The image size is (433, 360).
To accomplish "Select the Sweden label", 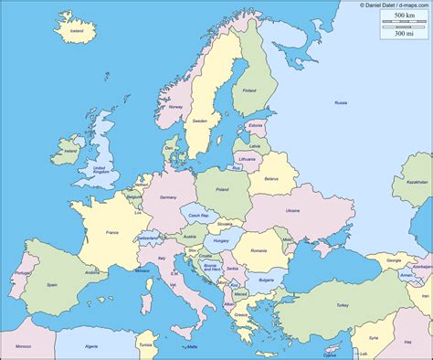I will click(x=200, y=121).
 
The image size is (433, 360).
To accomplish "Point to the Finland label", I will click(x=249, y=90).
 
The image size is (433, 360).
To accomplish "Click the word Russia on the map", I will click(x=341, y=103).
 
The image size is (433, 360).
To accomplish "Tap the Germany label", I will click(x=167, y=197).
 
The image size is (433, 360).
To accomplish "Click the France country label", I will click(x=113, y=234).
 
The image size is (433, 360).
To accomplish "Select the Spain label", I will click(x=52, y=285).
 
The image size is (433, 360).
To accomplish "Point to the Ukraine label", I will click(x=292, y=211).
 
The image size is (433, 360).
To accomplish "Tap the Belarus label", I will click(x=270, y=180).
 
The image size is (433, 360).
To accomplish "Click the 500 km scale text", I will click(x=399, y=16).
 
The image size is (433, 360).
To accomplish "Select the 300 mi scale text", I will click(x=399, y=34).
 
